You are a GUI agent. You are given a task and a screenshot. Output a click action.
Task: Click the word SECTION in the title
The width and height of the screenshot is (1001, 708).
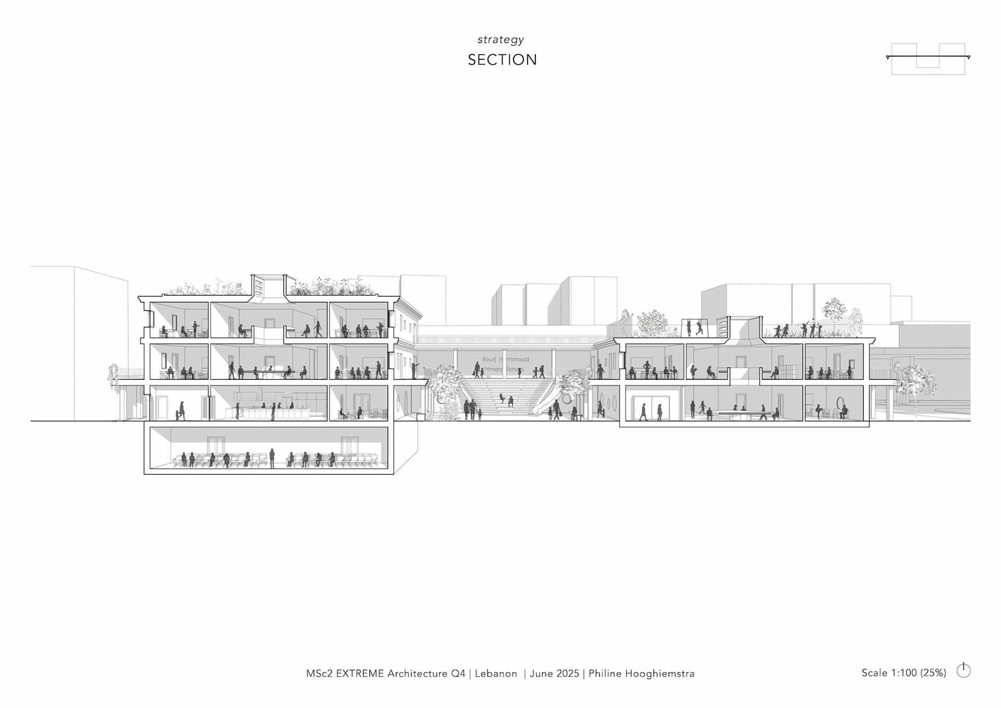502,60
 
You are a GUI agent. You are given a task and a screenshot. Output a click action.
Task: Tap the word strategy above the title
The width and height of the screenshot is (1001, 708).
500,40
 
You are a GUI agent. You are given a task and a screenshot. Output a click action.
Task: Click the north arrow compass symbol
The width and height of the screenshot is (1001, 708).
963,670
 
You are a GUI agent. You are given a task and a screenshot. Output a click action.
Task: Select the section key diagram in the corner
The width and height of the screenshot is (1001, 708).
928,58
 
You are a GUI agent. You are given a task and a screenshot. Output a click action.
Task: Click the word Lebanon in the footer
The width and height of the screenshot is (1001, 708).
496,674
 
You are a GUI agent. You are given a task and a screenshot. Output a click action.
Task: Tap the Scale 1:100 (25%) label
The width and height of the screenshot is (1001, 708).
904,673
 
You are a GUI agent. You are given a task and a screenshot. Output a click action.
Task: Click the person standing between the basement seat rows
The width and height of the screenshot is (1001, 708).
272,458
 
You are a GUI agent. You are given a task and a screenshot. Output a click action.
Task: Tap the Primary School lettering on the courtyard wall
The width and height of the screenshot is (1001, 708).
504,369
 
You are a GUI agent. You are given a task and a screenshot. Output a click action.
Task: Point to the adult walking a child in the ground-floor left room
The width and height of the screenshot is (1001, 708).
181,411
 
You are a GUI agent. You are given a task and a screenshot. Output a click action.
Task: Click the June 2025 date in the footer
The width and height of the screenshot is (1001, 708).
554,674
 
